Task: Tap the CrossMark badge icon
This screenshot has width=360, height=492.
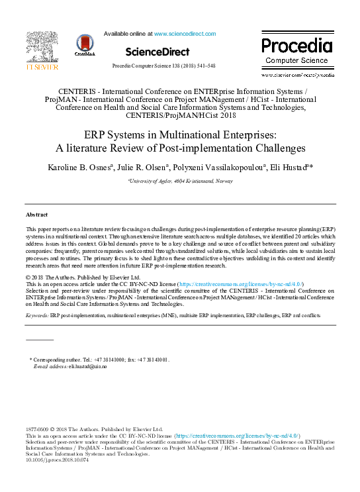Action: tap(85, 44)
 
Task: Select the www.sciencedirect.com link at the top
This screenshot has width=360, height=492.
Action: tap(185, 33)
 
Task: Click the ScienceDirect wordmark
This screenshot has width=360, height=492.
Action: tap(159, 50)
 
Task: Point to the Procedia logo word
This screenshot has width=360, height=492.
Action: tap(296, 46)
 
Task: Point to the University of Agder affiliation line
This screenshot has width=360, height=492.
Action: tap(179, 181)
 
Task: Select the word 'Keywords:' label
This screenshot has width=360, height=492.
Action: tap(37, 316)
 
